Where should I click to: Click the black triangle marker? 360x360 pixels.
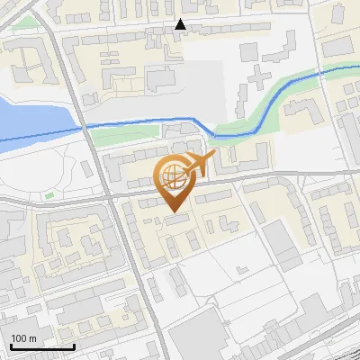tap(181, 25)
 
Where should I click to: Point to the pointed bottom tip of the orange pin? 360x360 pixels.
tap(174, 212)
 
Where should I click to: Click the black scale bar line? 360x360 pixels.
tap(42, 346)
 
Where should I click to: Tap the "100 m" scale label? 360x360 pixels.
tap(23, 338)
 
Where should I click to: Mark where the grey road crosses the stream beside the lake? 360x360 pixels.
tap(87, 128)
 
